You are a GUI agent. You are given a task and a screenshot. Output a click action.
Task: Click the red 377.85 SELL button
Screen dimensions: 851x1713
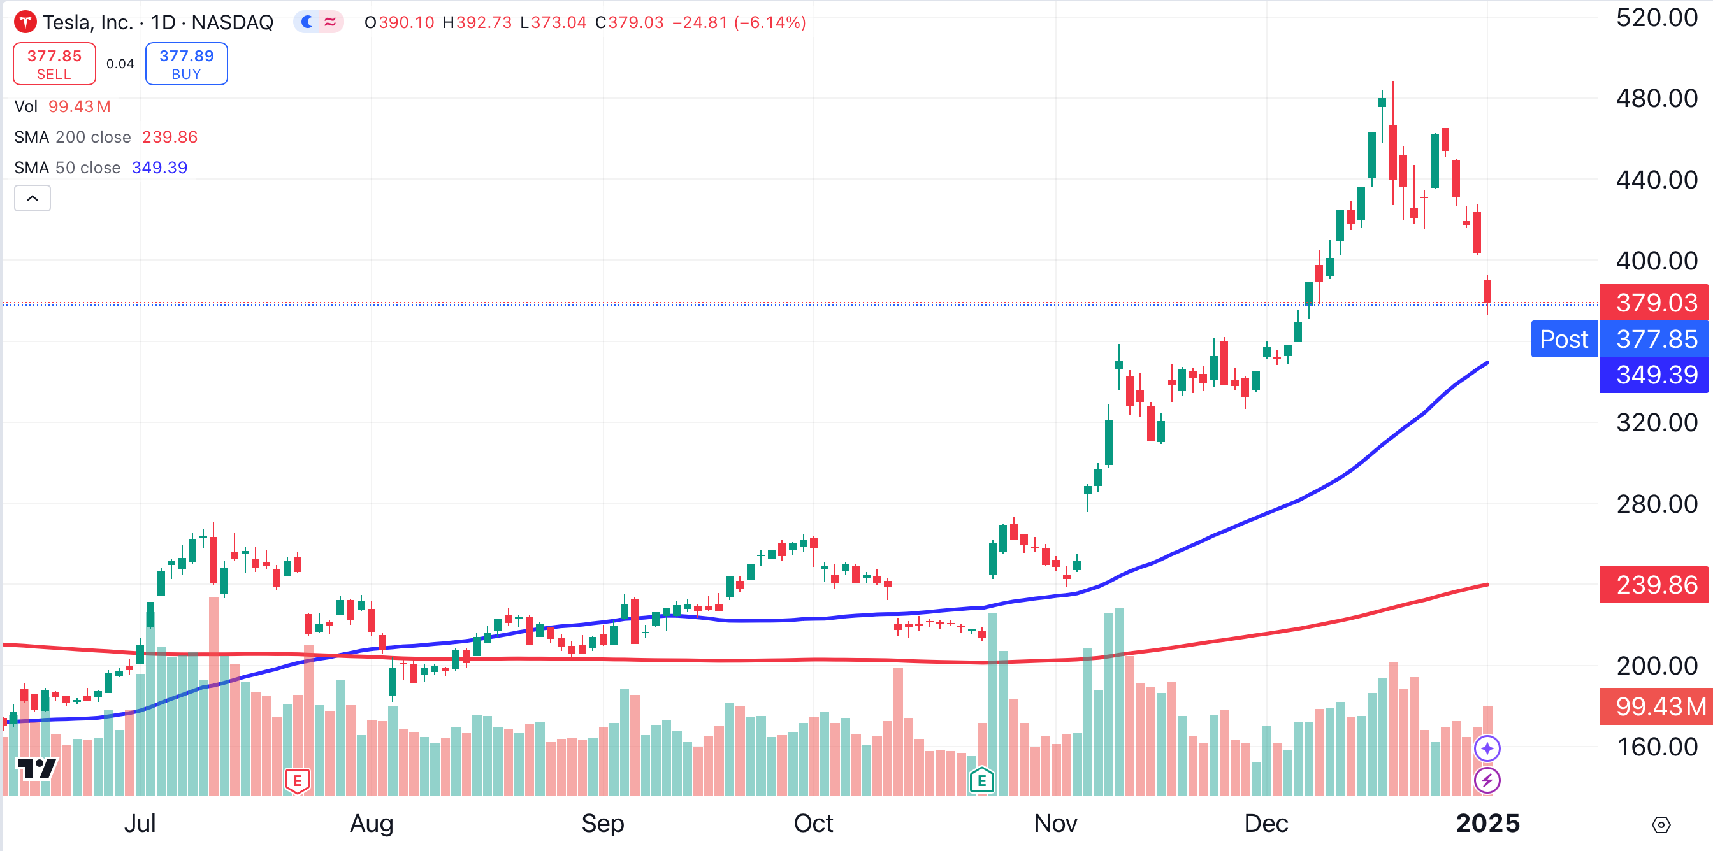[x=55, y=64]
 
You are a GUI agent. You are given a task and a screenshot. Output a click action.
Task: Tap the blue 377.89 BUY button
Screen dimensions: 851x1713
[x=186, y=64]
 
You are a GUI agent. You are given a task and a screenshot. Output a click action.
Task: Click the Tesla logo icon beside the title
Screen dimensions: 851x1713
[x=25, y=22]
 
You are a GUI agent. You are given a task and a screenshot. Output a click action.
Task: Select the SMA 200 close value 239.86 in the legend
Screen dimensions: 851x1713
[x=170, y=137]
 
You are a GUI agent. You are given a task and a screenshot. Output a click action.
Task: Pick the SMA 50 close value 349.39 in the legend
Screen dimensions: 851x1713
[x=159, y=168]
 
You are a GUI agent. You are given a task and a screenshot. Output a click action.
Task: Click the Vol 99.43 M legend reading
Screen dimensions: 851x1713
[x=79, y=106]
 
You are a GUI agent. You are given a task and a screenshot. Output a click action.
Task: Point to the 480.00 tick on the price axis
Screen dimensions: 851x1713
[x=1656, y=98]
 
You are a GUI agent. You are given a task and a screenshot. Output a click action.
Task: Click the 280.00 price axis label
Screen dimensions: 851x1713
[x=1656, y=504]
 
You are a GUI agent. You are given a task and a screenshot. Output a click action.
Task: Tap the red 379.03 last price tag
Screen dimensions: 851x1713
[x=1656, y=303]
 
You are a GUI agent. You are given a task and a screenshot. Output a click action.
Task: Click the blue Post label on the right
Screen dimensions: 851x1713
[x=1564, y=339]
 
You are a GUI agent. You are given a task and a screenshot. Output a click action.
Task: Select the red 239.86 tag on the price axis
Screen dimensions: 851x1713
[x=1656, y=585]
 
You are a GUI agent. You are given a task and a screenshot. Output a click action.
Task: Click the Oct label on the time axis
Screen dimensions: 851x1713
[x=813, y=823]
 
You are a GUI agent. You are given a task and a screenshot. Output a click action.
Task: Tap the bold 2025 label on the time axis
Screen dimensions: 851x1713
[x=1487, y=823]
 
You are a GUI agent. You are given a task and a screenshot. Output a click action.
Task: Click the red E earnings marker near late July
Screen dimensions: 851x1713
[x=297, y=780]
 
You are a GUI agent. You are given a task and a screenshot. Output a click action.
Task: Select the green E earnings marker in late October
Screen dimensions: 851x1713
[x=981, y=780]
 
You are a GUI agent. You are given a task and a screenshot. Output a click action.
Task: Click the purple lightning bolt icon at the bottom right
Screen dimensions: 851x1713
[x=1487, y=780]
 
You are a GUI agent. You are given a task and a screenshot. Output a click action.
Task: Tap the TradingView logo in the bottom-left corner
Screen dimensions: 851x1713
[x=36, y=769]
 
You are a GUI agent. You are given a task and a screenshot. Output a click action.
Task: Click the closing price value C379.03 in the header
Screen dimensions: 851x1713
[x=630, y=22]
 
